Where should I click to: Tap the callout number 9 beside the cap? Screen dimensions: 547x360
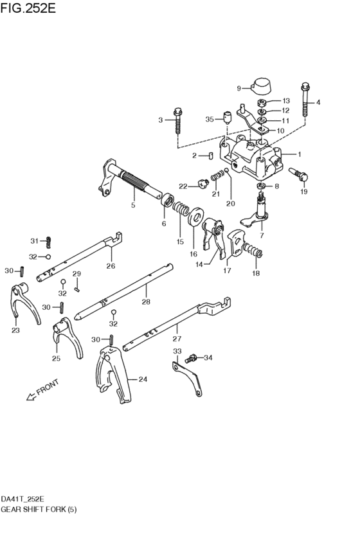point(239,88)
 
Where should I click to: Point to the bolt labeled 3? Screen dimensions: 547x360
point(176,120)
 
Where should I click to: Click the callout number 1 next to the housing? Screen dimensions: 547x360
point(299,154)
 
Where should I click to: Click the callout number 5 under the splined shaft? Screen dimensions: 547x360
point(133,206)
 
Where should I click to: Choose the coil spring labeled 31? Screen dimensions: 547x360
point(48,242)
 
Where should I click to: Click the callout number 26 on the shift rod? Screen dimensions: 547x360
point(111,266)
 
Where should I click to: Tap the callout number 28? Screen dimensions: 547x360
point(145,301)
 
